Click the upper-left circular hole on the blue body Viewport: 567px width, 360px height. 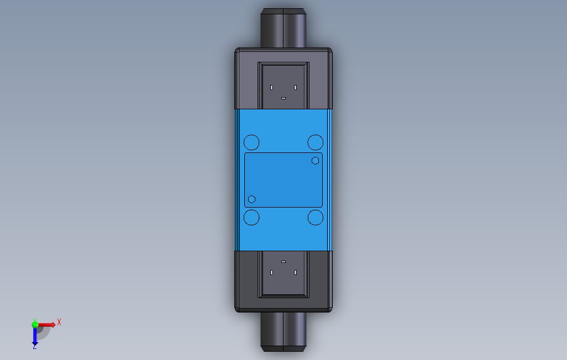251,142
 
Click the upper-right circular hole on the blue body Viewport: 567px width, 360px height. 315,142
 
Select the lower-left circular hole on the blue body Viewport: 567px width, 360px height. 251,218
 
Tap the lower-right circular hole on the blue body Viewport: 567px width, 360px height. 315,218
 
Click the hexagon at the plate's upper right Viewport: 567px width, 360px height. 315,160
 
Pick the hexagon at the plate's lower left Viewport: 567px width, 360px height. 251,199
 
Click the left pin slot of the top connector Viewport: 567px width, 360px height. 271,87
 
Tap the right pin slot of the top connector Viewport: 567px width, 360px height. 296,87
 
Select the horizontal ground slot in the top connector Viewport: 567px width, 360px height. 283,98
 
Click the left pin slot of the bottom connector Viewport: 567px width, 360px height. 271,272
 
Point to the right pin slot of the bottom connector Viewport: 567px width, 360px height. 296,272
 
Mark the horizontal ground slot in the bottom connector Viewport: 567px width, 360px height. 283,261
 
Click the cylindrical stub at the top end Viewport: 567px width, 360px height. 283,28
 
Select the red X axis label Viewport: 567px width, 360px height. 59,322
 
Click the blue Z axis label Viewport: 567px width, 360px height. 34,346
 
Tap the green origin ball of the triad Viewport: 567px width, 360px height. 35,325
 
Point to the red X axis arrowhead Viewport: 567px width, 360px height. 53,324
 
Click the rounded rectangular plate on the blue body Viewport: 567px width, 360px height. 283,180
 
